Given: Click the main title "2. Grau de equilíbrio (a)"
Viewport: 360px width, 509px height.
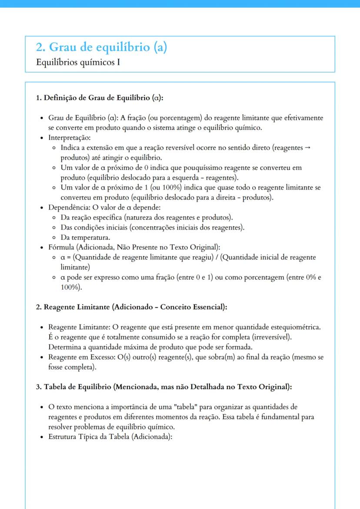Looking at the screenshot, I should click(101, 47).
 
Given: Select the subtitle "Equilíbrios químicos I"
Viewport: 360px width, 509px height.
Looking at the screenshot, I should click(78, 62).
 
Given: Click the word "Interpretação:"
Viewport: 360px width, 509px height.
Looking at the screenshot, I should click(69, 138).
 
